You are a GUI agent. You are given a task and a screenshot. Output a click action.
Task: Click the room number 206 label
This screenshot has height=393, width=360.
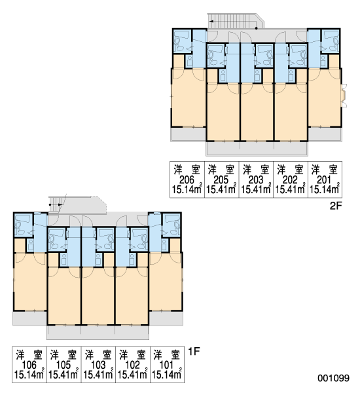pos(187,179)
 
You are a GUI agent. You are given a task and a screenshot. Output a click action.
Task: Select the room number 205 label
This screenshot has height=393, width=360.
pos(221,179)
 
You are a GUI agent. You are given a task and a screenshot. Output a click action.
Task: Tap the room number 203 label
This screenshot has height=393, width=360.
pos(256,179)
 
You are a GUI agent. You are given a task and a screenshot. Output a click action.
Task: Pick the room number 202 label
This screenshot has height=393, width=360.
pos(291,179)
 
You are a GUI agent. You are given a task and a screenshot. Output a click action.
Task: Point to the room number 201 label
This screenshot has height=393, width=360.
pos(325,179)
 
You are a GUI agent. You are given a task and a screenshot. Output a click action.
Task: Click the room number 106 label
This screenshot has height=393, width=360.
pos(29,365)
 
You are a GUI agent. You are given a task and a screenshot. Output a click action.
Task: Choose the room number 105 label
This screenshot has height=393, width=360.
pos(63,365)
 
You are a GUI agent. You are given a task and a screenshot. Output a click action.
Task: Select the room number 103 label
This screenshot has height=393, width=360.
pos(98,365)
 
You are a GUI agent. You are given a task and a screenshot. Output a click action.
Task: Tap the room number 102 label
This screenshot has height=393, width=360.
pos(132,365)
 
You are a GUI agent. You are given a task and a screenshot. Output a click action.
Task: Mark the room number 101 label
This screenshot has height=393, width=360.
pos(167,365)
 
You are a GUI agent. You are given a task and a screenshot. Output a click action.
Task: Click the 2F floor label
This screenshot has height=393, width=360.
pos(335,206)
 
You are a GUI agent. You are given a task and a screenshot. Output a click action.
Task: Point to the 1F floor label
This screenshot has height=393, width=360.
pos(194,351)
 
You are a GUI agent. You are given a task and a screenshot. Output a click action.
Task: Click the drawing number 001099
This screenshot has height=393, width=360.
pos(333,378)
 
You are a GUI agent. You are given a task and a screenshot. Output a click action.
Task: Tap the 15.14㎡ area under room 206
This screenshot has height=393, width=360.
pos(187,189)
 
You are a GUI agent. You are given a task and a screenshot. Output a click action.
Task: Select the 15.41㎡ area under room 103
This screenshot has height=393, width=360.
pos(98,375)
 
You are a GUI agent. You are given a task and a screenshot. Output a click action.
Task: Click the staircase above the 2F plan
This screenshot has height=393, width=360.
pos(236,21)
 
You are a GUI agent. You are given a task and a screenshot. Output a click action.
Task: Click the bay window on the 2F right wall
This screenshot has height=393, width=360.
pos(345,96)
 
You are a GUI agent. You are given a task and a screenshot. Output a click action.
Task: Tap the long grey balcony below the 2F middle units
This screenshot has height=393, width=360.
pos(257,149)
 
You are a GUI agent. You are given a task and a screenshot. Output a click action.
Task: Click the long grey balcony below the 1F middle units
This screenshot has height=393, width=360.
pos(98,332)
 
